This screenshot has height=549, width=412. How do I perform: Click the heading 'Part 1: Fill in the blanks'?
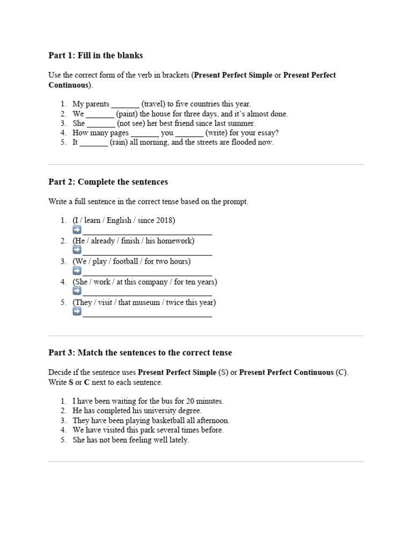coord(95,55)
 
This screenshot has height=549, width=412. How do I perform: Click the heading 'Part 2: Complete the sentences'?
coord(108,182)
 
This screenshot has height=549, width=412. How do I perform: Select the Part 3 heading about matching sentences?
coord(140,352)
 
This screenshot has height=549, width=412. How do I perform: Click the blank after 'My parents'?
coord(125,105)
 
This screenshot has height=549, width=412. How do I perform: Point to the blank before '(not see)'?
coord(101,124)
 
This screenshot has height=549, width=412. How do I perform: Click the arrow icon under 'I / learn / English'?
coord(77,230)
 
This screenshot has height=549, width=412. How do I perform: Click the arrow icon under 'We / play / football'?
coord(77,271)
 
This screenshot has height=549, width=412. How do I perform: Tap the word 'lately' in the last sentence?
coord(178,440)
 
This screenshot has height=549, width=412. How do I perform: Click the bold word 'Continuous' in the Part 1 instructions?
coord(69,85)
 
